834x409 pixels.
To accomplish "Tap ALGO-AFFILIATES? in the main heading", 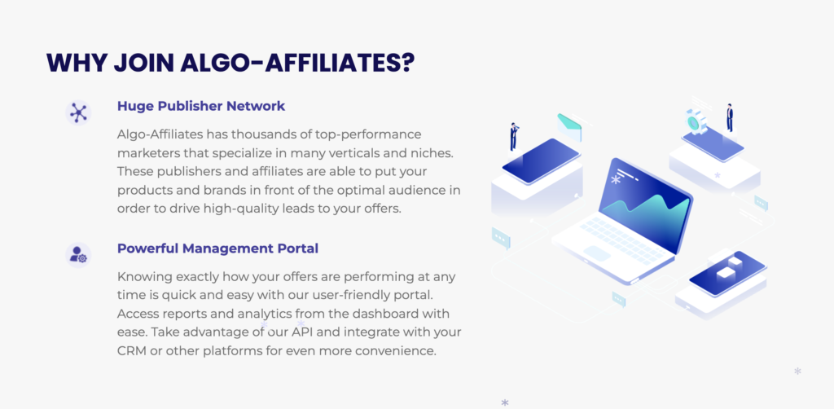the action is coord(298,63).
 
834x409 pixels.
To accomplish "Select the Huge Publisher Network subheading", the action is coord(201,107).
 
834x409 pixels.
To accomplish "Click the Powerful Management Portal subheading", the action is coord(217,249).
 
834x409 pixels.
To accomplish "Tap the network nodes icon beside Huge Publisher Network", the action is coord(78,112).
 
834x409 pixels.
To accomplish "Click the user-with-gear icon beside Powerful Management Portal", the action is coord(78,255).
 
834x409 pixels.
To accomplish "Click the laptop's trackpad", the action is coord(597,253).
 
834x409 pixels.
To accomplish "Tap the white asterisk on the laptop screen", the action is coord(616,180).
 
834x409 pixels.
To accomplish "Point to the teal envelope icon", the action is coord(569,126).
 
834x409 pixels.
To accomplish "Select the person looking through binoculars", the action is coord(514,137).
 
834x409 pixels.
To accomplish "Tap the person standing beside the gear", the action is coord(730,117).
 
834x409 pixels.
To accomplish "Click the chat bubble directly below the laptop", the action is coord(619,300).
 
